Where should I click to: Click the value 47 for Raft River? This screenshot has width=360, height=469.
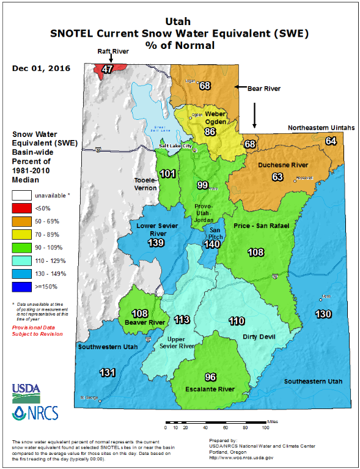pos(108,69)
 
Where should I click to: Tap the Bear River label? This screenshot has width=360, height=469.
pos(263,89)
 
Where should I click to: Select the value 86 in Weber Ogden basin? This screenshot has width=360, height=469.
pos(210,131)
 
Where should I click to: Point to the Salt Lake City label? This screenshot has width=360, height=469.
pos(175,146)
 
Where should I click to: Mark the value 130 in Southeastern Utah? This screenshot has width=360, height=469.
pos(324,314)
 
